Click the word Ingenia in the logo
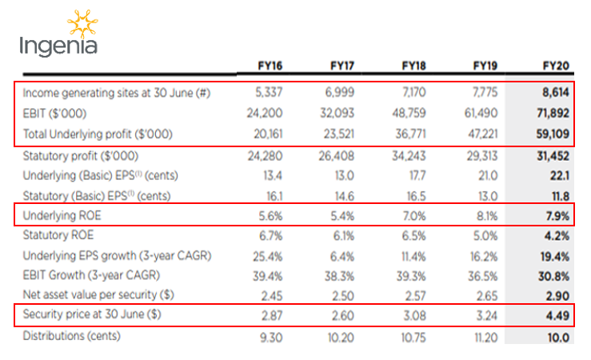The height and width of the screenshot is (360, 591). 58,46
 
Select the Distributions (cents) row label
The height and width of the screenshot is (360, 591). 71,335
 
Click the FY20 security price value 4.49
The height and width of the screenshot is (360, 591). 557,315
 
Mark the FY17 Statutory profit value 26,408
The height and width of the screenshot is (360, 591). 339,154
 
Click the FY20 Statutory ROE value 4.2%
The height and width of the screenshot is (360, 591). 556,234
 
